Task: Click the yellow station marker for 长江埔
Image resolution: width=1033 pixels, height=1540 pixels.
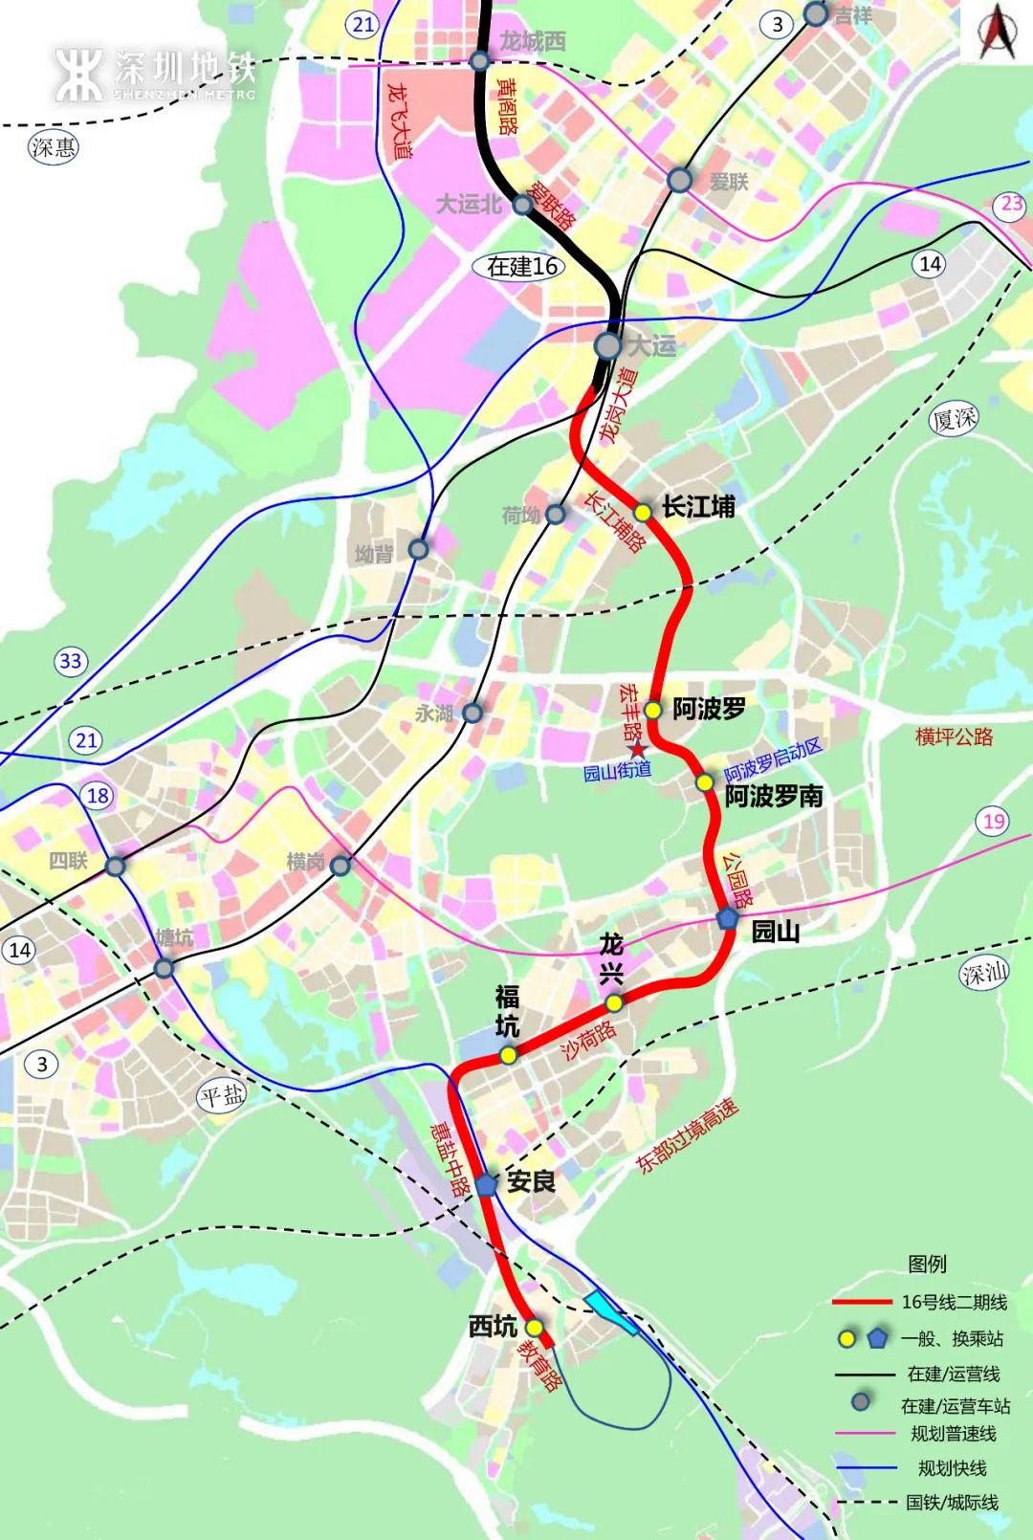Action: [643, 513]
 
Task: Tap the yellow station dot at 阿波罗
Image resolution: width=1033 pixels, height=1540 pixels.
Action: [652, 710]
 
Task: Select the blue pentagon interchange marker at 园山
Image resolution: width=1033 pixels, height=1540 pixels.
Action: [728, 918]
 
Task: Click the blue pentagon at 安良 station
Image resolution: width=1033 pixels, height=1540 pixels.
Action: [486, 1184]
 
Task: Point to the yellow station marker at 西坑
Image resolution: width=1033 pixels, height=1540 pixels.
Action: [534, 1328]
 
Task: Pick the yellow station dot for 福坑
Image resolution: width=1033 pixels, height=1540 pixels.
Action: [508, 1055]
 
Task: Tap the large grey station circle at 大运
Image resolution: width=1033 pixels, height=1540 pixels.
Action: [607, 345]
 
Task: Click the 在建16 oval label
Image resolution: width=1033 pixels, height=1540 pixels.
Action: [522, 266]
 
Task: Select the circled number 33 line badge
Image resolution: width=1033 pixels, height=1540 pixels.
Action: [71, 661]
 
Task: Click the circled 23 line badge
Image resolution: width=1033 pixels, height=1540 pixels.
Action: [1011, 204]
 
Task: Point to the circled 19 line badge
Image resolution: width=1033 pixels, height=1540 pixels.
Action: [994, 821]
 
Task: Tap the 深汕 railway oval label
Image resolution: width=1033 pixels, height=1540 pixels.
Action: [984, 974]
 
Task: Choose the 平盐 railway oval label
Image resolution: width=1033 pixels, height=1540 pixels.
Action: [222, 1096]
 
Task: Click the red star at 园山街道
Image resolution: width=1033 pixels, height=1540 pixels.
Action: [637, 749]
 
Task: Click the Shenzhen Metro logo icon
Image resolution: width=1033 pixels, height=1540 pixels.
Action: [78, 75]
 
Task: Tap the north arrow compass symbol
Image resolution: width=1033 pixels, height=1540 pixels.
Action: [997, 33]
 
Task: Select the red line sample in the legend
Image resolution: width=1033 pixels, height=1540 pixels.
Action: [862, 1303]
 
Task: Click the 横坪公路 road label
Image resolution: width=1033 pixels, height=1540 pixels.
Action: [954, 737]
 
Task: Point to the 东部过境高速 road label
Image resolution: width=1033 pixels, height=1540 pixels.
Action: [687, 1136]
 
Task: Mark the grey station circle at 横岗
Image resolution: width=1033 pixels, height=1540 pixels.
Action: [341, 866]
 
